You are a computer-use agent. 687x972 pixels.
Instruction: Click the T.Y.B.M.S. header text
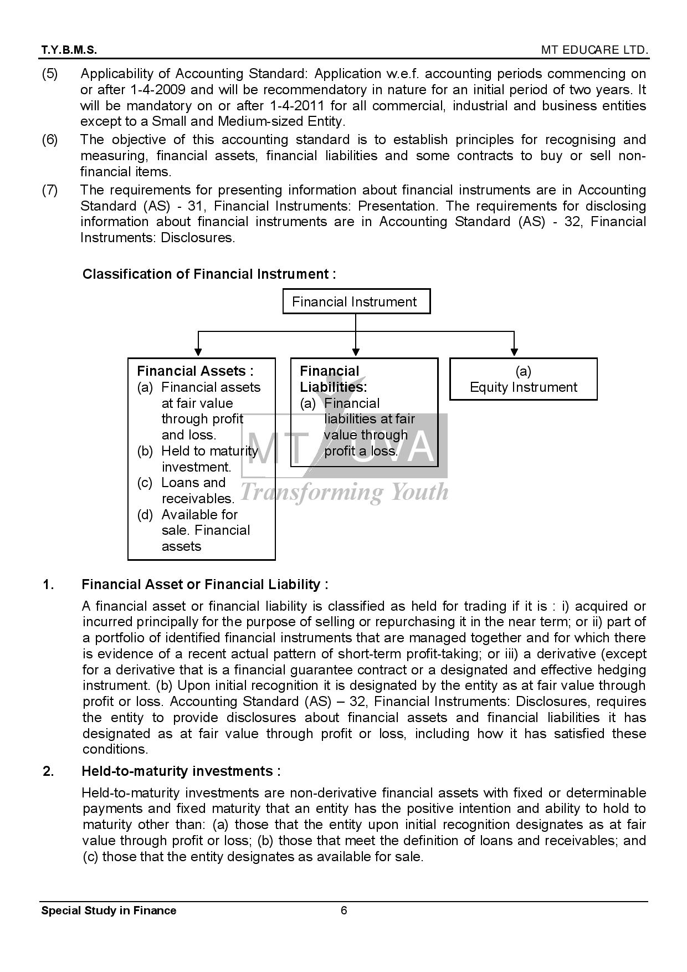click(69, 50)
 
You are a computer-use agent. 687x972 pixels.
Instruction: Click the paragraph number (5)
click(50, 74)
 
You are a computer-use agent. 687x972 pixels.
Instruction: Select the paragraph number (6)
click(50, 140)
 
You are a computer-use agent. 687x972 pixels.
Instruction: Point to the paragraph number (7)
click(50, 190)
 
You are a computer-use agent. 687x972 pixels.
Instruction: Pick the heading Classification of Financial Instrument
click(209, 274)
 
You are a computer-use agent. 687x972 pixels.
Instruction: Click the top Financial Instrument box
click(356, 301)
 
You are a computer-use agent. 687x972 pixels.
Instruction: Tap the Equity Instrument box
click(523, 379)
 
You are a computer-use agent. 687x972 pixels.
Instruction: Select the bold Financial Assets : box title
click(195, 371)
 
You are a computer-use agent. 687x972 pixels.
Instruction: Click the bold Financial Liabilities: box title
click(333, 379)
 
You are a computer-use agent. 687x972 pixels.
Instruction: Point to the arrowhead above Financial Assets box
click(198, 351)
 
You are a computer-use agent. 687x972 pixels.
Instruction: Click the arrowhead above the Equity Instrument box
click(514, 351)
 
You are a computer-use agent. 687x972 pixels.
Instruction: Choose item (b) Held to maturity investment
click(198, 459)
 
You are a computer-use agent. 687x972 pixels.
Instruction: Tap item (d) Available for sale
click(194, 530)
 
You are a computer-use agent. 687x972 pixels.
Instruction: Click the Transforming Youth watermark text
click(344, 492)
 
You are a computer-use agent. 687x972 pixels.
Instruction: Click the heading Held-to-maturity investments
click(181, 771)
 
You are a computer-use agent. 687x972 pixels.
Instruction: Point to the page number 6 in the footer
click(344, 910)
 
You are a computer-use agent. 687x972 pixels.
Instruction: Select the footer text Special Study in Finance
click(109, 910)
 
